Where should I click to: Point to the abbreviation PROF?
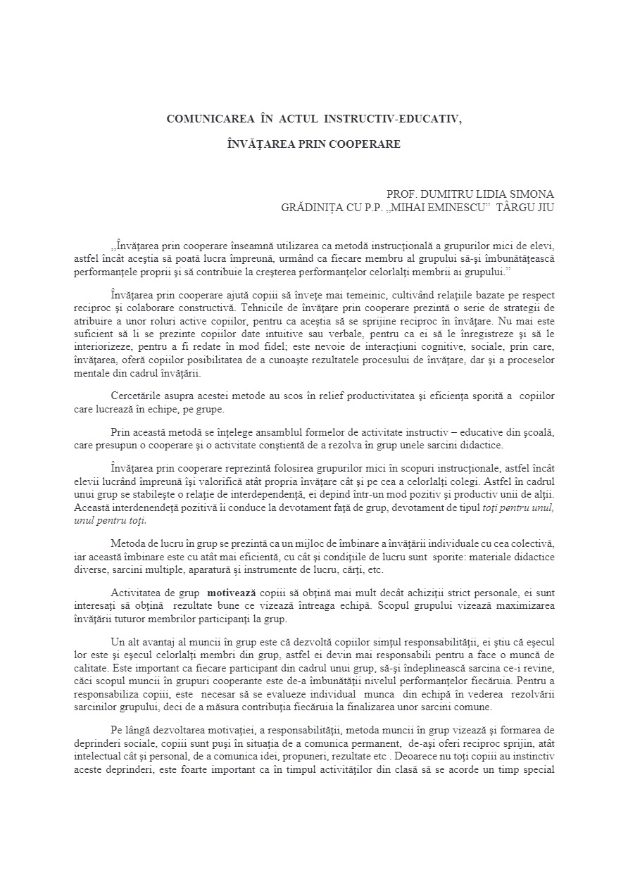[402, 194]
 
